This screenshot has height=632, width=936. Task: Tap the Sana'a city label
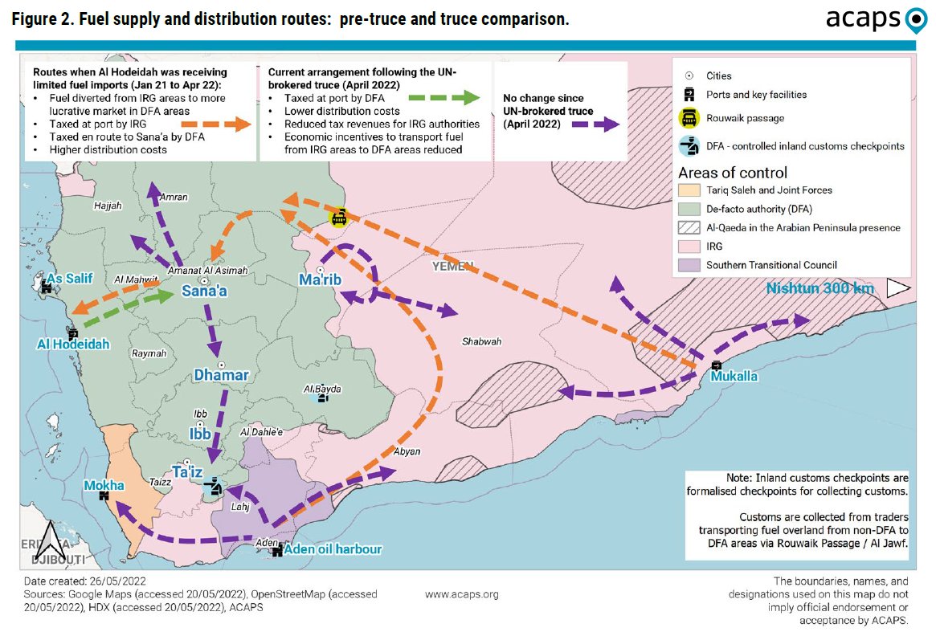coord(203,292)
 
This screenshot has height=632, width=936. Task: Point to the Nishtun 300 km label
coord(820,288)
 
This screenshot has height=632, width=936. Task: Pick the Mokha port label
coord(104,485)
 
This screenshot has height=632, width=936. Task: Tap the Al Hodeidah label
coord(72,345)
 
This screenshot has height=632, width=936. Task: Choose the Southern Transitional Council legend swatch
coord(689,265)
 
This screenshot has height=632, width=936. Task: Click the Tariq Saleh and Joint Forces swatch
coord(689,190)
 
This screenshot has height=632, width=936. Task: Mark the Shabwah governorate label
coord(481,341)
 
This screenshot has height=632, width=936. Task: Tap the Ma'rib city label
coord(316,280)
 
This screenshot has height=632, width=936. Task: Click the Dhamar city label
coord(221,375)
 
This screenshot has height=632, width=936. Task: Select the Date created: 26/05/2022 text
coord(84,580)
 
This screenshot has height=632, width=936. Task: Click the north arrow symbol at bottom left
coord(49,540)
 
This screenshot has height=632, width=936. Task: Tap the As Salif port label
coord(70,278)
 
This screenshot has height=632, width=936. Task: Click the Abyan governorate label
coord(407,451)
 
